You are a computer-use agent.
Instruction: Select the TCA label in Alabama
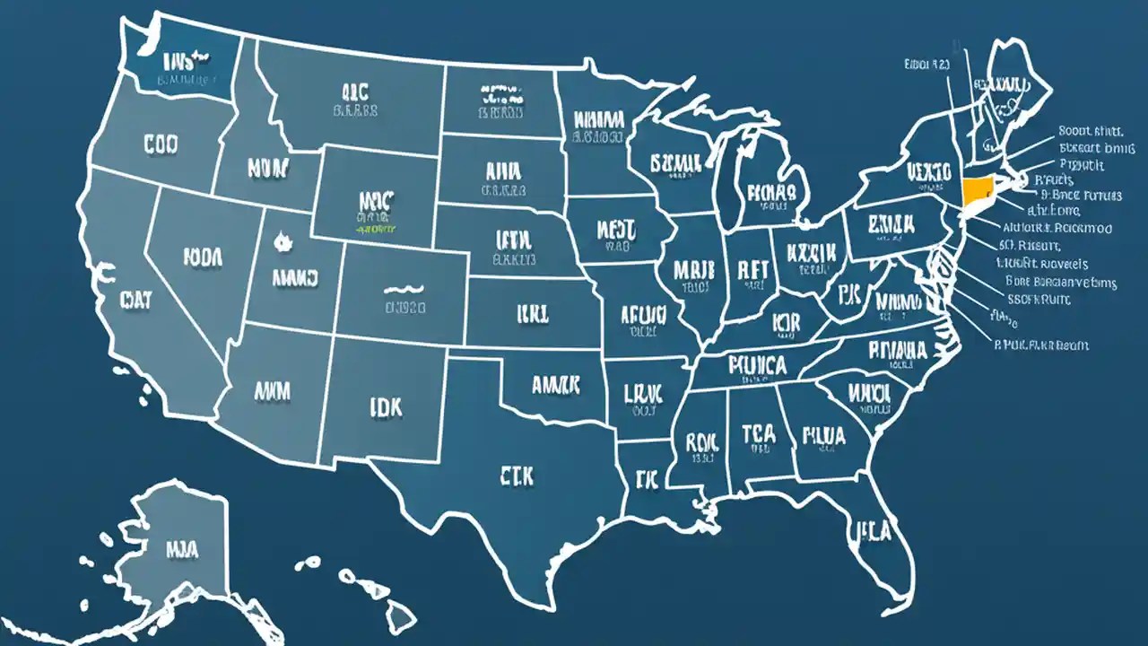[759, 433]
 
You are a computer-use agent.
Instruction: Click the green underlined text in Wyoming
[377, 229]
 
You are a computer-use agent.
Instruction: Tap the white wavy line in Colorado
[404, 290]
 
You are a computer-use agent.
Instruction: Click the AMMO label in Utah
[296, 278]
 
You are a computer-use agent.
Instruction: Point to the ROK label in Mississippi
[703, 441]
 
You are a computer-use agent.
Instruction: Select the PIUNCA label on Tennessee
[757, 365]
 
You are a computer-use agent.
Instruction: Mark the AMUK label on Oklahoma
[556, 385]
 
